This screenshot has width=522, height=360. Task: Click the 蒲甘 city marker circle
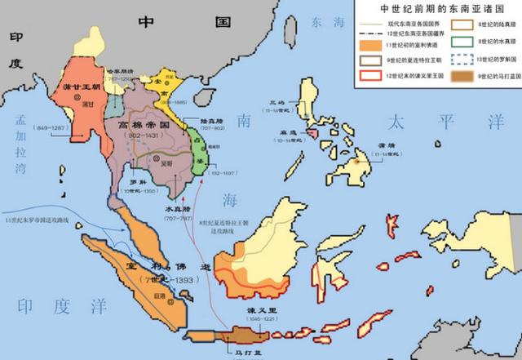click(79, 98)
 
